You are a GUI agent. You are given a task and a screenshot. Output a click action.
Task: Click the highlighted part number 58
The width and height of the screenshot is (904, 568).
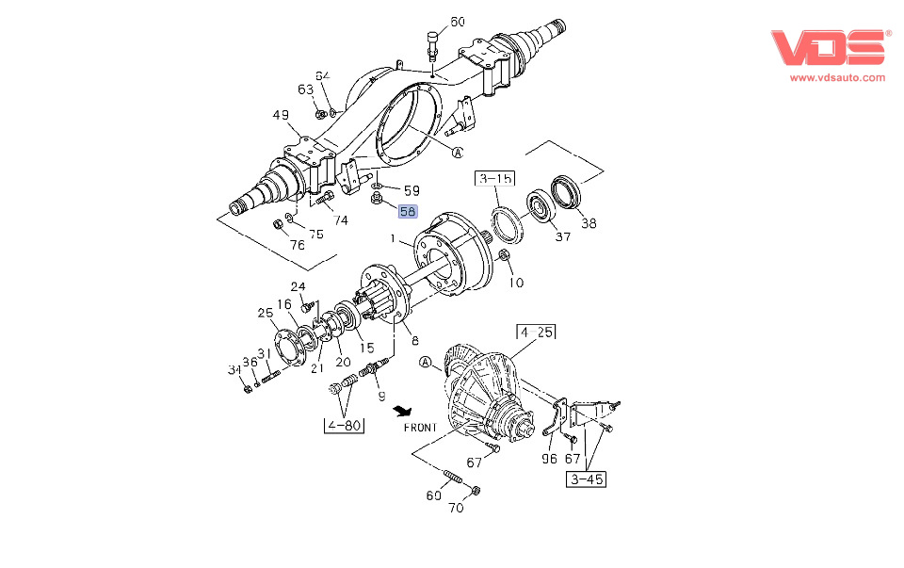click(408, 212)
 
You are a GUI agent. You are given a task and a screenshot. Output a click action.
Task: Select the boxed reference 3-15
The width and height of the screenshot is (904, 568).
click(495, 178)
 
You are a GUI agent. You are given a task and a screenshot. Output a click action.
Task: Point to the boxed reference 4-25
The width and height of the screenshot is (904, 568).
click(535, 332)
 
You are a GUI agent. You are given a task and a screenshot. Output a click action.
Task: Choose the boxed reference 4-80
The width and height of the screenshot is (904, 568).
click(344, 426)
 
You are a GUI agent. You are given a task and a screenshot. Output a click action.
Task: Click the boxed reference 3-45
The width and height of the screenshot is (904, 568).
click(586, 479)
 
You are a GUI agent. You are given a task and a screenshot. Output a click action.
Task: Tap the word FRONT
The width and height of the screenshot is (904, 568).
click(420, 428)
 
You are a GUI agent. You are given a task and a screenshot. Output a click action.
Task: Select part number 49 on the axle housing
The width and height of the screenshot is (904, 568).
click(282, 116)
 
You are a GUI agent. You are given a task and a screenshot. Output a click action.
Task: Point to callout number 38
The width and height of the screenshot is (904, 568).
click(589, 223)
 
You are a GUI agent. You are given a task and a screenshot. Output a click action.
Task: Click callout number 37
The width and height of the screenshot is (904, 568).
click(562, 236)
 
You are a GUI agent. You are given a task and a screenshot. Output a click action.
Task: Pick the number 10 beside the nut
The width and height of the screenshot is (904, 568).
click(517, 283)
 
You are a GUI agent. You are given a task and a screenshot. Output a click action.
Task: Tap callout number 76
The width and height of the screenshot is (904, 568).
click(297, 246)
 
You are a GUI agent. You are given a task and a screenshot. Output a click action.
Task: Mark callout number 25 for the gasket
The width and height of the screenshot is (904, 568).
click(266, 313)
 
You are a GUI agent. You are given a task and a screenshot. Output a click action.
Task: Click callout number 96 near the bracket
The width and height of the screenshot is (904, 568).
click(549, 461)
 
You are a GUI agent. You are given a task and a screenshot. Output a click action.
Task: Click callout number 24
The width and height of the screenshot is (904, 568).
click(298, 286)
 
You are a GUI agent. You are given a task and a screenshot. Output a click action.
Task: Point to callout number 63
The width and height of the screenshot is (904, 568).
click(305, 89)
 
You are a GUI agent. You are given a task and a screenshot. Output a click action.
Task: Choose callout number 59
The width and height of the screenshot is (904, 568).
click(411, 190)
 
